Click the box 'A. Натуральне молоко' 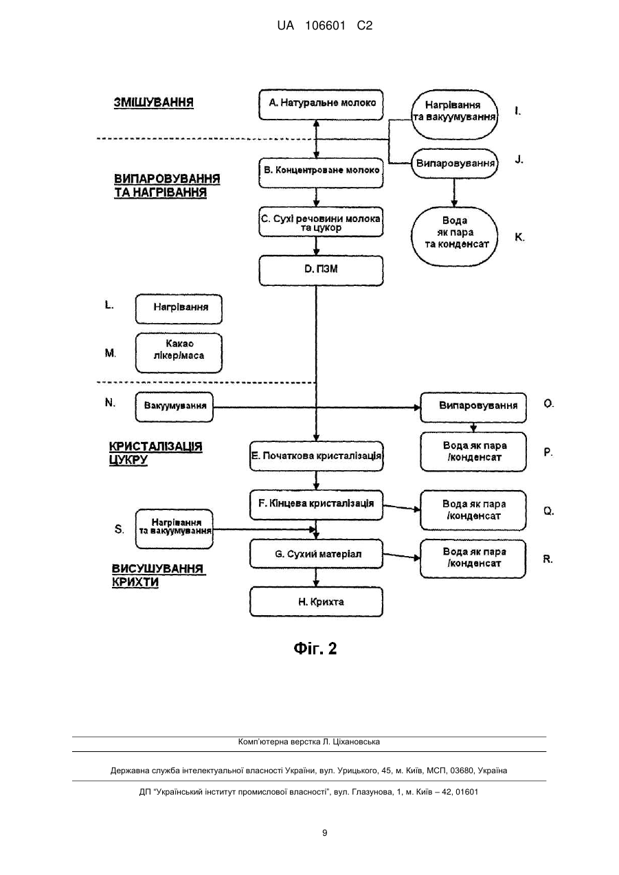click(x=321, y=104)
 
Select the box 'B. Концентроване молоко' click(x=321, y=173)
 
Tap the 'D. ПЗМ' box click(x=321, y=270)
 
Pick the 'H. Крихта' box click(x=316, y=601)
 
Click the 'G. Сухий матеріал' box click(x=316, y=553)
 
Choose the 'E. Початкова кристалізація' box click(x=316, y=456)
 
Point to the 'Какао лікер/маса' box click(x=179, y=353)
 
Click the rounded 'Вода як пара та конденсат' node click(x=455, y=236)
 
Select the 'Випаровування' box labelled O click(x=473, y=408)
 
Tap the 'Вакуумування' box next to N click(x=175, y=407)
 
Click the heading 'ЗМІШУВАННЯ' click(x=153, y=102)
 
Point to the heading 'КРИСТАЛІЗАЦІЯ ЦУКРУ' click(x=155, y=453)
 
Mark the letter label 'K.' click(x=519, y=237)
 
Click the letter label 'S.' click(x=119, y=529)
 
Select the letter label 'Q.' click(x=548, y=511)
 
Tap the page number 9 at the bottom click(x=324, y=833)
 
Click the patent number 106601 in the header click(x=325, y=26)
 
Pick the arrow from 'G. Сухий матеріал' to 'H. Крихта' click(x=316, y=577)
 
